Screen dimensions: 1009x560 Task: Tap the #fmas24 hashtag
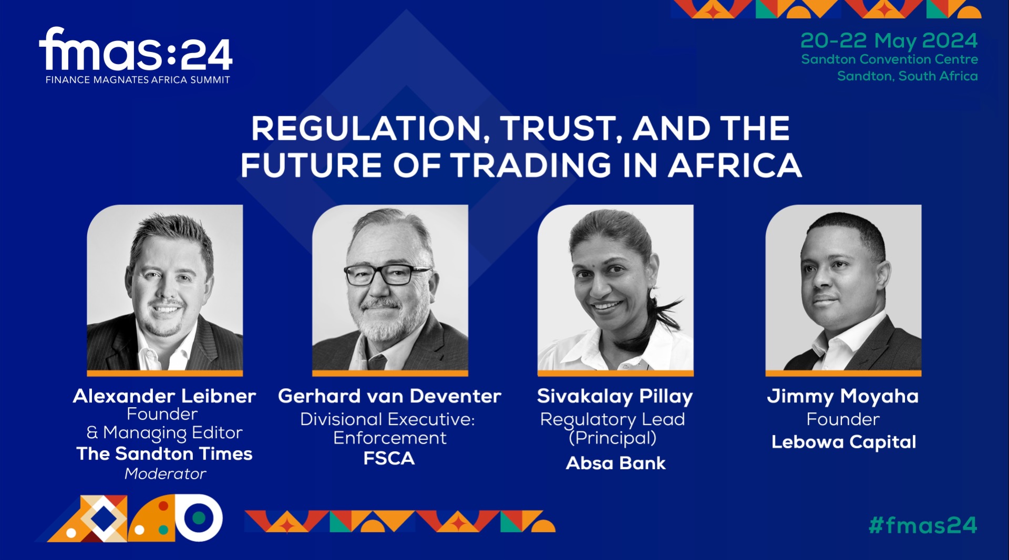923,525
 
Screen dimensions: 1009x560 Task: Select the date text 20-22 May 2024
889,41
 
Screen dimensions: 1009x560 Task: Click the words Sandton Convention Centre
889,59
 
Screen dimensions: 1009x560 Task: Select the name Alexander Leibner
164,396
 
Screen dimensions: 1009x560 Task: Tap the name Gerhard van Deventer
389,396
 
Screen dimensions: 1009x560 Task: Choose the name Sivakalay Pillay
615,397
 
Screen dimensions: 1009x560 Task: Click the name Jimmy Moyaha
842,397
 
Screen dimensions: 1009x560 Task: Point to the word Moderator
165,474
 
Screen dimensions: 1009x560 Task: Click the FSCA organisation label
389,459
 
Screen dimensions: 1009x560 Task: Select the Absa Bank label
615,463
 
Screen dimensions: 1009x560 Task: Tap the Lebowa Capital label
843,442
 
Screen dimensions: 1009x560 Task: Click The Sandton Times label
164,453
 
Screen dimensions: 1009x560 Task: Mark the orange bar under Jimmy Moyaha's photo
843,373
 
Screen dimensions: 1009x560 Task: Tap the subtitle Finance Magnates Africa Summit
138,80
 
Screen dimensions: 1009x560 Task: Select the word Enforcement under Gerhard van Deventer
389,438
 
